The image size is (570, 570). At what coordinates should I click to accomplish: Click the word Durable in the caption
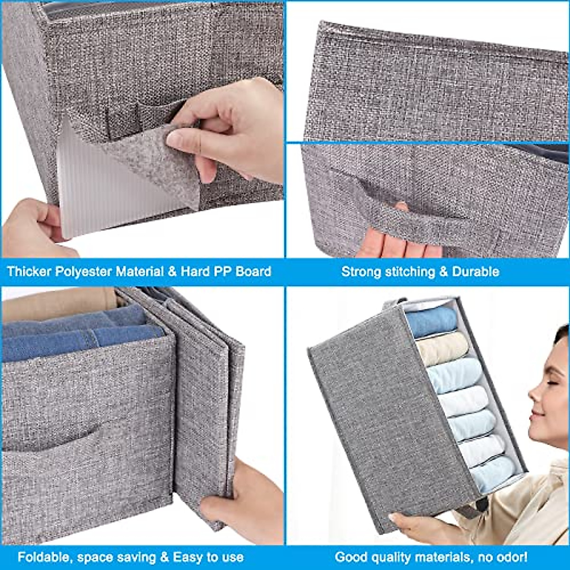475,272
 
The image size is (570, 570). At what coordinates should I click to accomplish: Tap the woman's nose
535,394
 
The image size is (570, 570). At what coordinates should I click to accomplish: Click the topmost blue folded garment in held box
430,321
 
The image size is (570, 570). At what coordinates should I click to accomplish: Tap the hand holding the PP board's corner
33,228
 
